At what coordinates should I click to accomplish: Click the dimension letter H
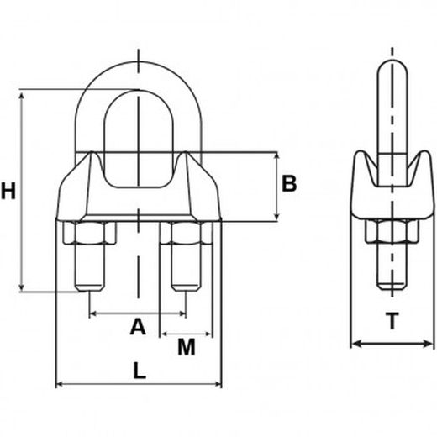[x=8, y=191]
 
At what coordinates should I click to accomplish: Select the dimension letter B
[x=289, y=183]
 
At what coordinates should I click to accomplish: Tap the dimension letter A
[x=138, y=326]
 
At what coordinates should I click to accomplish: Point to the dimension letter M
[x=187, y=347]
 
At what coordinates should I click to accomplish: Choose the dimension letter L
[x=140, y=370]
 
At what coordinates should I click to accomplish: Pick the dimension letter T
[x=392, y=321]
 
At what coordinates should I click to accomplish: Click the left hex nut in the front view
[x=90, y=233]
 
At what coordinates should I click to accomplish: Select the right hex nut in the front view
[x=186, y=233]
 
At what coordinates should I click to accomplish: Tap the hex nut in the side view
[x=392, y=231]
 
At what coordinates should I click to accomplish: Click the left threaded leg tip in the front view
[x=90, y=287]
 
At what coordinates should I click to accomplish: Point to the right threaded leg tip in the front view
[x=187, y=287]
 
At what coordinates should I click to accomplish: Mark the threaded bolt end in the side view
[x=392, y=286]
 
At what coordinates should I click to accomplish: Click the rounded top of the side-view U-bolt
[x=392, y=65]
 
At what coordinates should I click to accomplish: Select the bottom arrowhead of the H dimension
[x=22, y=287]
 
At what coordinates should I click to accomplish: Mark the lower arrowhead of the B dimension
[x=276, y=216]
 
